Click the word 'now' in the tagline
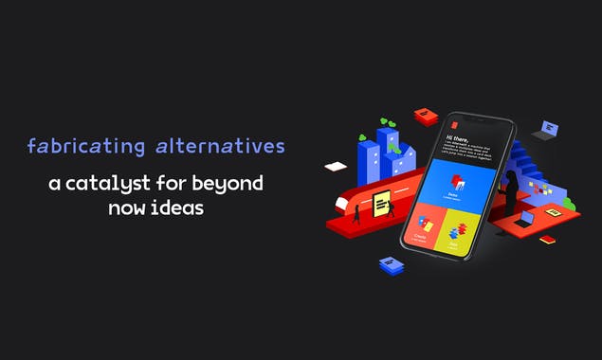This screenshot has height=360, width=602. coord(126,205)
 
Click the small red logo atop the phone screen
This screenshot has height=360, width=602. coord(456,124)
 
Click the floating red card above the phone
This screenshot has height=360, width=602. coord(426,116)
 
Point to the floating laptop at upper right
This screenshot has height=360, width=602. coord(546,129)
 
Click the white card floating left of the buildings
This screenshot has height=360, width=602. coord(336,167)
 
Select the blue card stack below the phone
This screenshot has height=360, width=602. coord(391,265)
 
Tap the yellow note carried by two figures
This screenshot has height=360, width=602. coord(380,201)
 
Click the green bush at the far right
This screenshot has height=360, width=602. coord(568,203)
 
